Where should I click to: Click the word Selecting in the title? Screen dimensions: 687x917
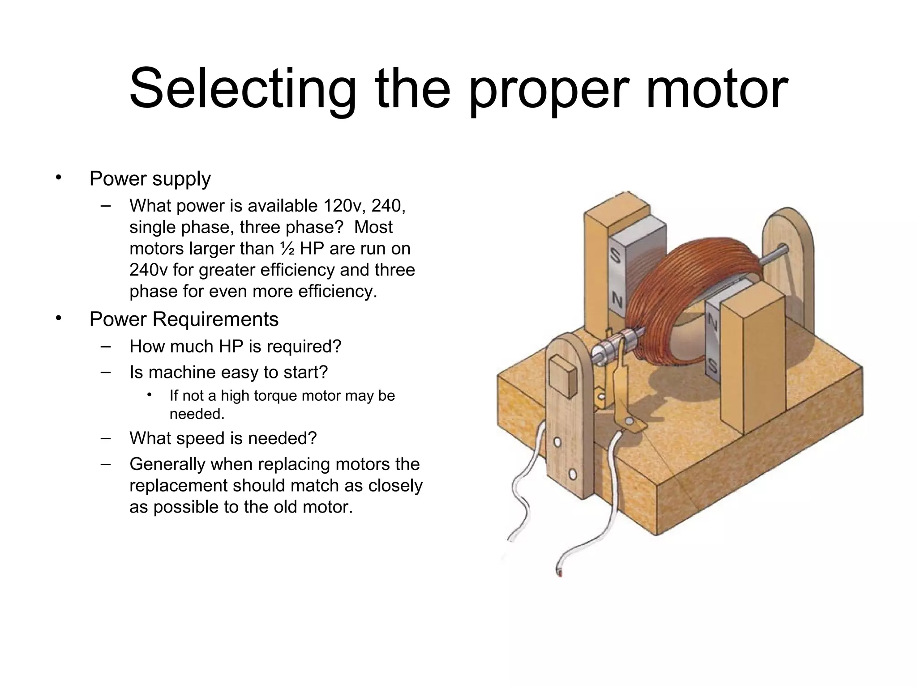click(x=242, y=89)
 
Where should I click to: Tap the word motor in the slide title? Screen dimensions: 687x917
click(x=716, y=89)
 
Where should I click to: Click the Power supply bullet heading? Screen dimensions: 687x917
click(x=150, y=179)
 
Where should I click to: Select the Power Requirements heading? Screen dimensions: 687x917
click(x=184, y=319)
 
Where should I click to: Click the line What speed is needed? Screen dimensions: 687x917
click(x=223, y=438)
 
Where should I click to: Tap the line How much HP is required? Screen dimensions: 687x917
click(x=235, y=347)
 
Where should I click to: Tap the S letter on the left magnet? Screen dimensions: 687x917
click(x=615, y=256)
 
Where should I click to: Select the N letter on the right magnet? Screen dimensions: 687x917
click(x=711, y=322)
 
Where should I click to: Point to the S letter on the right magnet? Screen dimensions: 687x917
click(x=712, y=367)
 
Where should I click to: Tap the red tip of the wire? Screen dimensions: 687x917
click(x=559, y=573)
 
